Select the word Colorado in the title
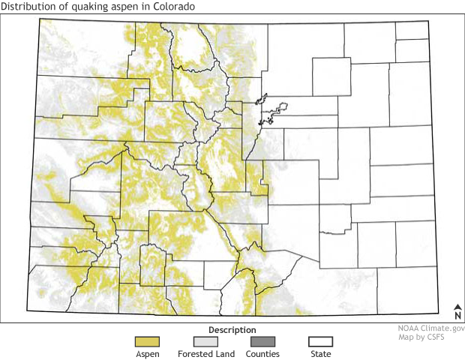(x=171, y=7)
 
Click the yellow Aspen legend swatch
(x=148, y=342)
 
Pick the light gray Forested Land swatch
(x=205, y=342)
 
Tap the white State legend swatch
(x=320, y=342)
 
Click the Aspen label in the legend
(x=148, y=354)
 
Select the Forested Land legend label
(x=205, y=354)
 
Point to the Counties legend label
(x=262, y=354)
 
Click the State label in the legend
(x=320, y=354)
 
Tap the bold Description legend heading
(x=232, y=330)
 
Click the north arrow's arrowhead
(x=457, y=306)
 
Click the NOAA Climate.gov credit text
(x=431, y=328)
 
